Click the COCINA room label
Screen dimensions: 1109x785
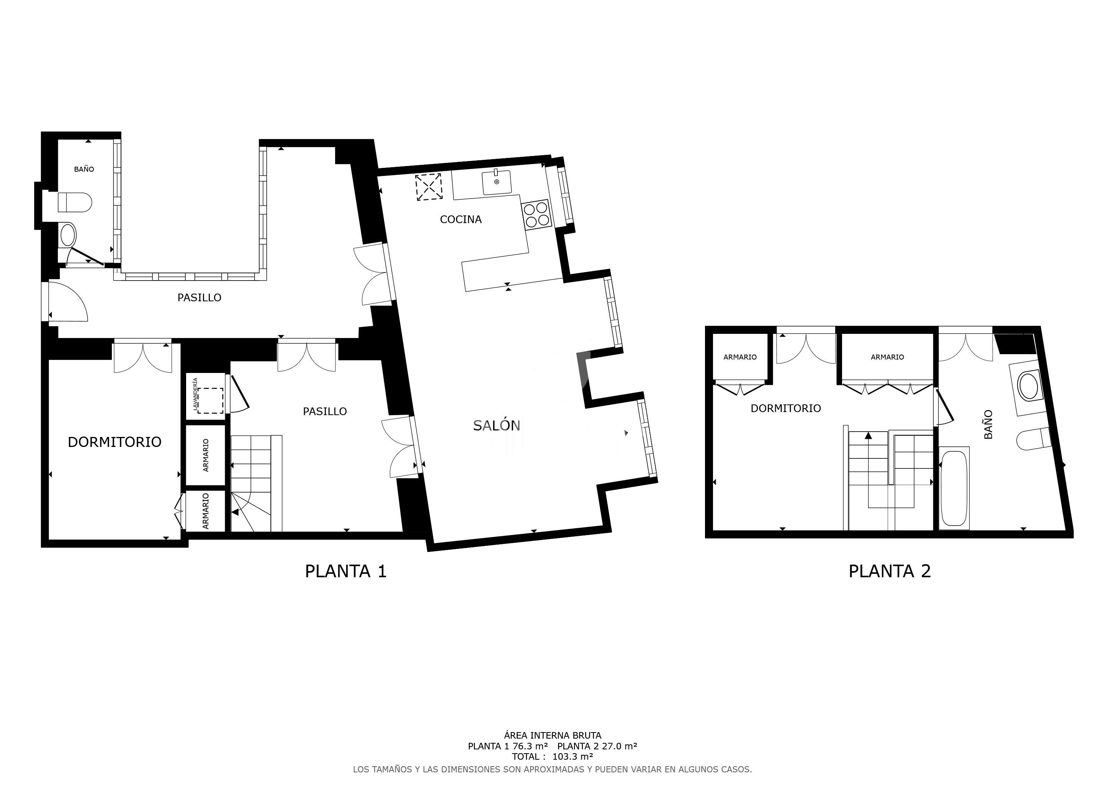click(460, 220)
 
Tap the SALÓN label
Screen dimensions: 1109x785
click(497, 425)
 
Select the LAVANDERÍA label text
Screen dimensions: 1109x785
click(196, 394)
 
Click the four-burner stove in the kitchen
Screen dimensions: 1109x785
click(536, 215)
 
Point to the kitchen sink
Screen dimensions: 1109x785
click(497, 182)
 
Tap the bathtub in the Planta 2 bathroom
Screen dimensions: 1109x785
click(954, 489)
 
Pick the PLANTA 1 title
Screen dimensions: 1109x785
click(346, 572)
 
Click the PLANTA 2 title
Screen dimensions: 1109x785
click(890, 572)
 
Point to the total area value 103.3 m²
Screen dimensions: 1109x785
click(572, 757)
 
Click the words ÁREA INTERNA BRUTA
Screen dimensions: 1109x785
click(553, 735)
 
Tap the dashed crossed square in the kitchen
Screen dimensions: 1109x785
click(429, 187)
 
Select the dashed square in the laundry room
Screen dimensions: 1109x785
click(210, 401)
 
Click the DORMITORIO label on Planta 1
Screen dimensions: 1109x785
click(114, 442)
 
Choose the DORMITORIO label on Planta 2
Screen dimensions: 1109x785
click(785, 409)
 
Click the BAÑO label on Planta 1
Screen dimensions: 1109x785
click(84, 169)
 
